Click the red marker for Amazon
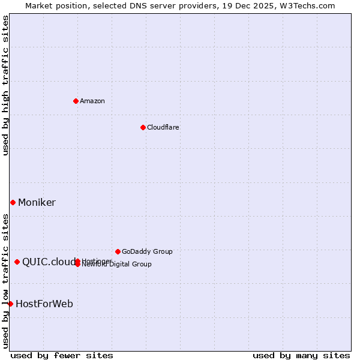(x=76, y=101)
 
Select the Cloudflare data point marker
(x=143, y=127)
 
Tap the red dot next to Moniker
(x=13, y=202)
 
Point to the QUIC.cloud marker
(x=17, y=262)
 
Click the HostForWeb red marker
(x=10, y=304)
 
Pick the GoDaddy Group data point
(x=118, y=251)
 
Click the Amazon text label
(x=92, y=101)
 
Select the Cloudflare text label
(x=163, y=127)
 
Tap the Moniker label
(x=37, y=202)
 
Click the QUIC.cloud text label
(x=48, y=262)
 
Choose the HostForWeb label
(x=44, y=304)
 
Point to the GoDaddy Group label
(x=147, y=251)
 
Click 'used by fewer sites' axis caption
(x=62, y=356)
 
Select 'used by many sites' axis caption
(x=301, y=356)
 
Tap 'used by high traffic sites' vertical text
(x=6, y=85)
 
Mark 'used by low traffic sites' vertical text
(x=6, y=281)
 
